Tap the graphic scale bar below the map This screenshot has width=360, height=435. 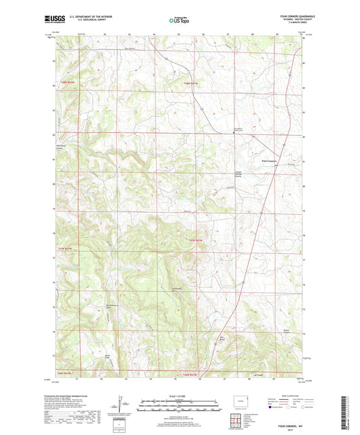(180, 407)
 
